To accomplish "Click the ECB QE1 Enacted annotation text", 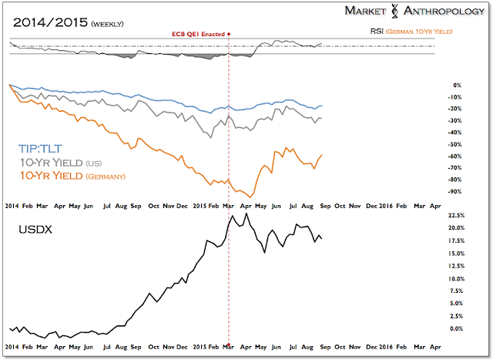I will click(x=199, y=35).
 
